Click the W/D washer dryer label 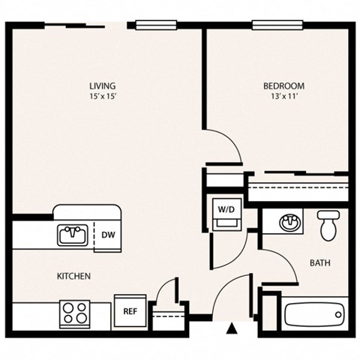225,208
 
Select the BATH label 320,263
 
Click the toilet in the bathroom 326,225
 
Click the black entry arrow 232,328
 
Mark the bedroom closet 298,187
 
